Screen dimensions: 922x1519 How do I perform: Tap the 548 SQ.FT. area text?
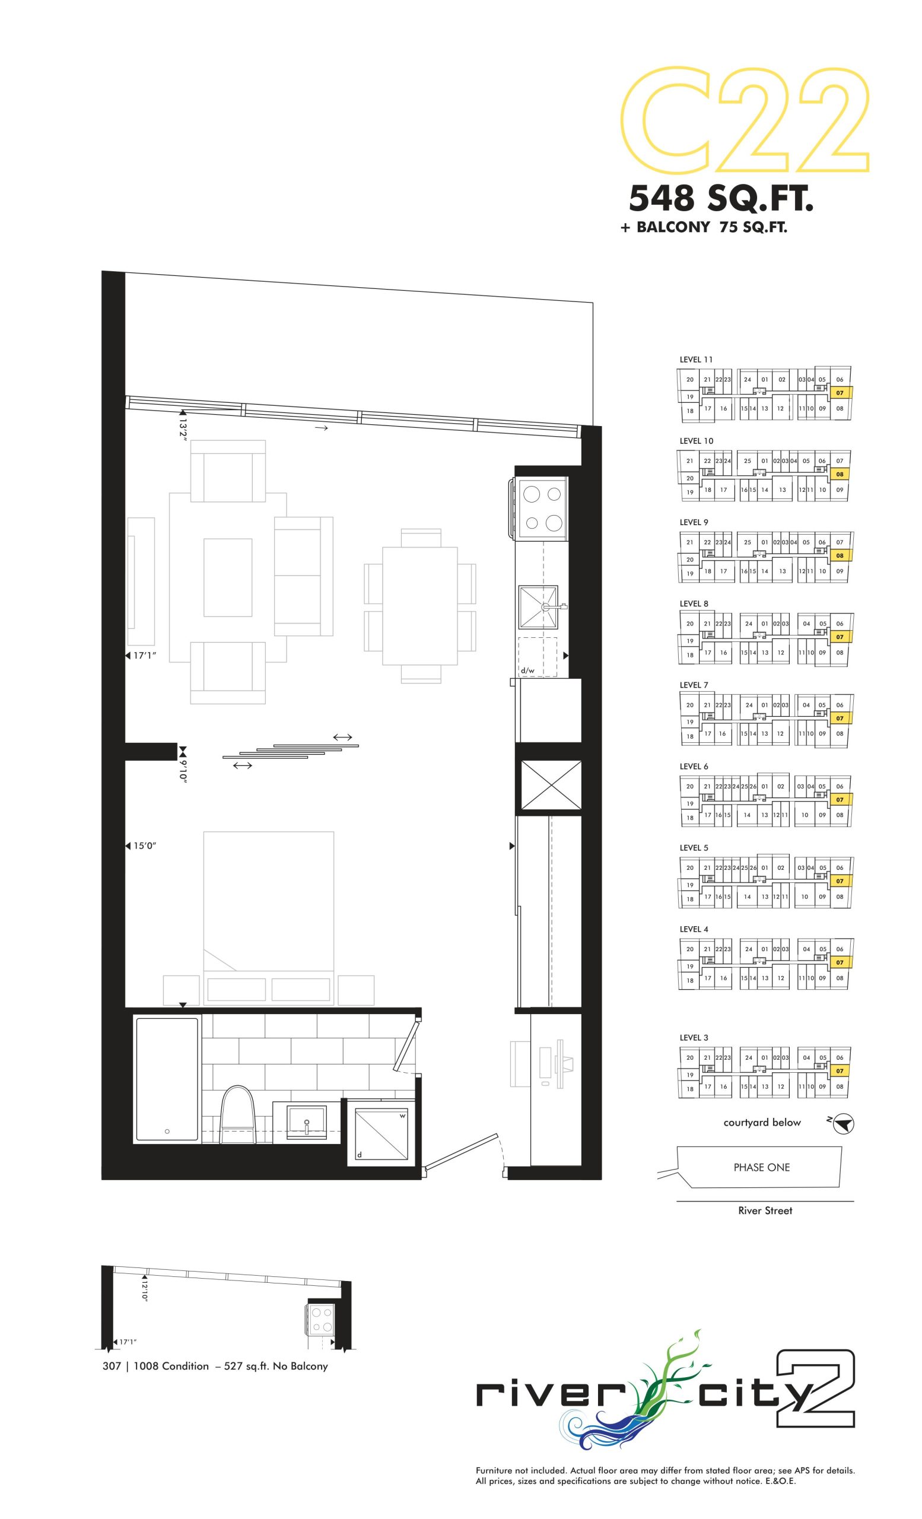720,199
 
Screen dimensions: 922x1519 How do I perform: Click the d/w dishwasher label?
527,670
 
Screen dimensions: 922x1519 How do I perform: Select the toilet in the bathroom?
238,1114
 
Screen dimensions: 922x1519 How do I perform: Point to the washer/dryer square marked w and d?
380,1133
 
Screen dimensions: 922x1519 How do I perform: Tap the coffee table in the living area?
227,578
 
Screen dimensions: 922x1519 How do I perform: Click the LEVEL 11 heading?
696,360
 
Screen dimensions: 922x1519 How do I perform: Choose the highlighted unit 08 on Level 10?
840,474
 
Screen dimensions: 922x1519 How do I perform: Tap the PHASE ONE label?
761,1167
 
